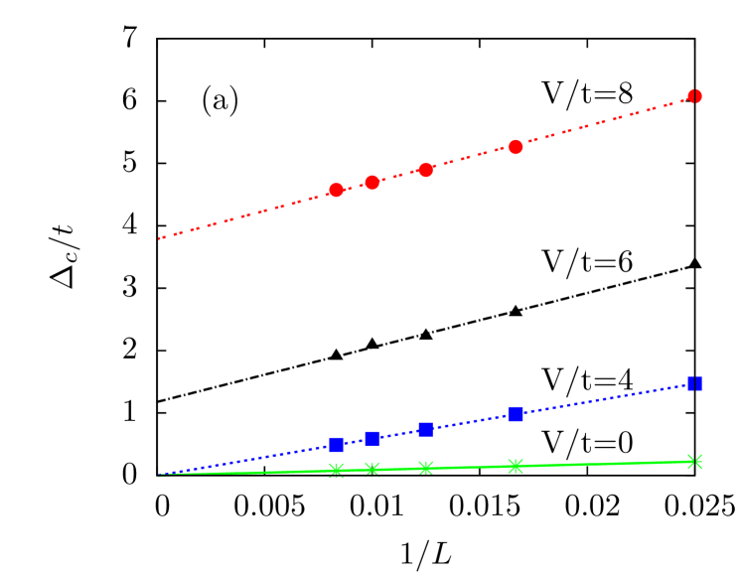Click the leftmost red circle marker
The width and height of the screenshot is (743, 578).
tap(336, 190)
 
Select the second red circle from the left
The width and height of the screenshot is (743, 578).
tap(371, 183)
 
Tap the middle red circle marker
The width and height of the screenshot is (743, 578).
tap(425, 170)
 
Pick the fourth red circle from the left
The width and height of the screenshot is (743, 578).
tap(515, 147)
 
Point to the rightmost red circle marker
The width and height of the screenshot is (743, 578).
tap(694, 96)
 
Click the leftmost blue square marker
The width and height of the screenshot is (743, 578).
tap(336, 444)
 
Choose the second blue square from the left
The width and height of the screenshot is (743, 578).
tap(371, 438)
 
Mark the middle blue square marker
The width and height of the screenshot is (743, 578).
tap(425, 429)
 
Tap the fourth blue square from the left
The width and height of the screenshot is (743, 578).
tap(515, 414)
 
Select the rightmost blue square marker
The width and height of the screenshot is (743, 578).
tap(694, 383)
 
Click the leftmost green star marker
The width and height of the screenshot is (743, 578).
tap(336, 470)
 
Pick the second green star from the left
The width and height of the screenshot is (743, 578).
tap(371, 469)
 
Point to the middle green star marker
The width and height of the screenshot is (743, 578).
tap(425, 468)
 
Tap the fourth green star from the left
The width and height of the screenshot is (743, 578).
tap(515, 466)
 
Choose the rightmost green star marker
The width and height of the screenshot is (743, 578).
tap(694, 462)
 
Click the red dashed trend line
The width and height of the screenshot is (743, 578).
tap(248, 215)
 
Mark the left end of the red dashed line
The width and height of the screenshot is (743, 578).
tap(159, 238)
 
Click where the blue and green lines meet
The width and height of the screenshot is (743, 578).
tap(159, 475)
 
